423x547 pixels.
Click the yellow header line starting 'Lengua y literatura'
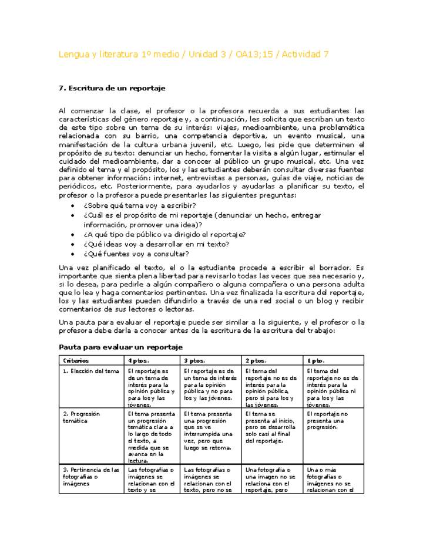pyautogui.click(x=193, y=55)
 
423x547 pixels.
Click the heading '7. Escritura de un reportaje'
pyautogui.click(x=112, y=88)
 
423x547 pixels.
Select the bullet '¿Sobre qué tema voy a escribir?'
pyautogui.click(x=139, y=205)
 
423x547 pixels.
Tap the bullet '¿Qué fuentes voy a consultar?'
pyautogui.click(x=136, y=254)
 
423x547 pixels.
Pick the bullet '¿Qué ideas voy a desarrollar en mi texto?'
pyautogui.click(x=156, y=244)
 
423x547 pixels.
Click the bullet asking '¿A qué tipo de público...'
pyautogui.click(x=164, y=234)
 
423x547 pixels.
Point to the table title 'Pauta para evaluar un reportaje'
pyautogui.click(x=121, y=347)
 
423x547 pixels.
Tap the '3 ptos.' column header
pyautogui.click(x=194, y=360)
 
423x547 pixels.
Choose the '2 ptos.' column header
pyautogui.click(x=256, y=360)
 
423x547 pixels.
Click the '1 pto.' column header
pyautogui.click(x=314, y=360)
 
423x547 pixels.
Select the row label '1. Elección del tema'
pyautogui.click(x=90, y=371)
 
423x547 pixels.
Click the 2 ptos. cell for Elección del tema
pyautogui.click(x=271, y=387)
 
